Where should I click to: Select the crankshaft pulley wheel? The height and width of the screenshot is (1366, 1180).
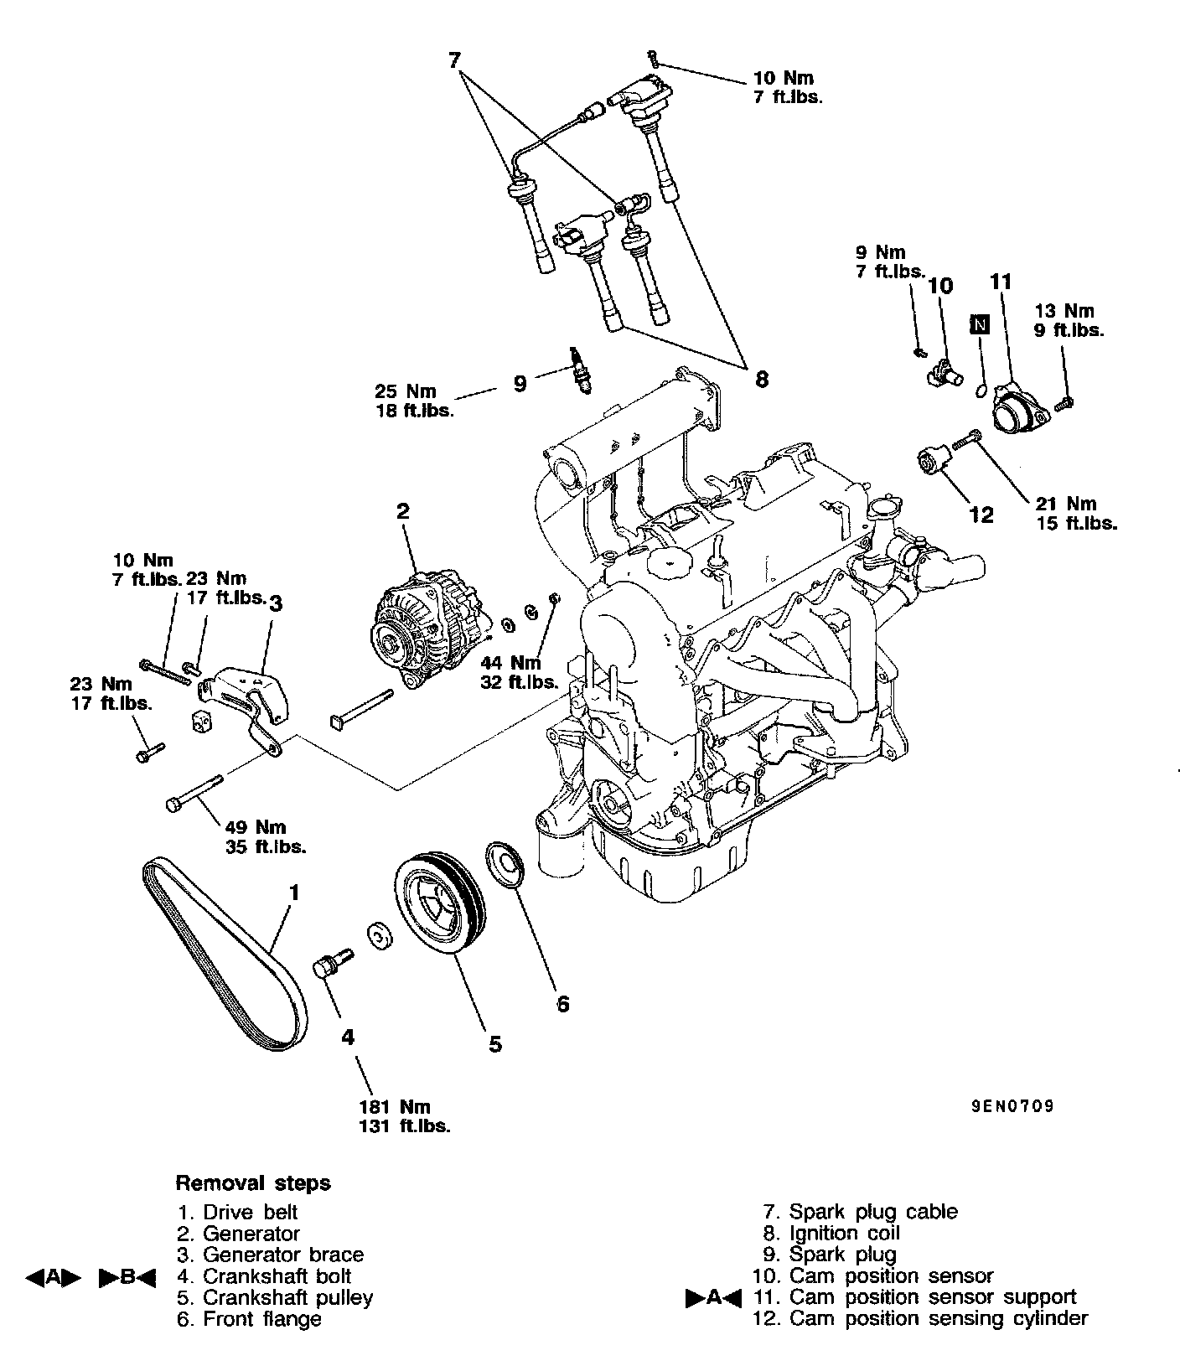(436, 903)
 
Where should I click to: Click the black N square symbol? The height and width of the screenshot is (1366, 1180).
(979, 323)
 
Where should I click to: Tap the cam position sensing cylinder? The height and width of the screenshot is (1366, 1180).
(930, 462)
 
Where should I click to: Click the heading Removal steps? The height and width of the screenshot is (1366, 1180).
(252, 1183)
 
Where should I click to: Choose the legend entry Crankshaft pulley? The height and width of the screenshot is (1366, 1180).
(287, 1297)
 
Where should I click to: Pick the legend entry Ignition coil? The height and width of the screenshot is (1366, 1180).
(844, 1234)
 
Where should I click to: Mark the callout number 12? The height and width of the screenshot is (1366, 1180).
(981, 514)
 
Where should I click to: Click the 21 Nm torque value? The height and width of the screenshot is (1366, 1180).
(1065, 504)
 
